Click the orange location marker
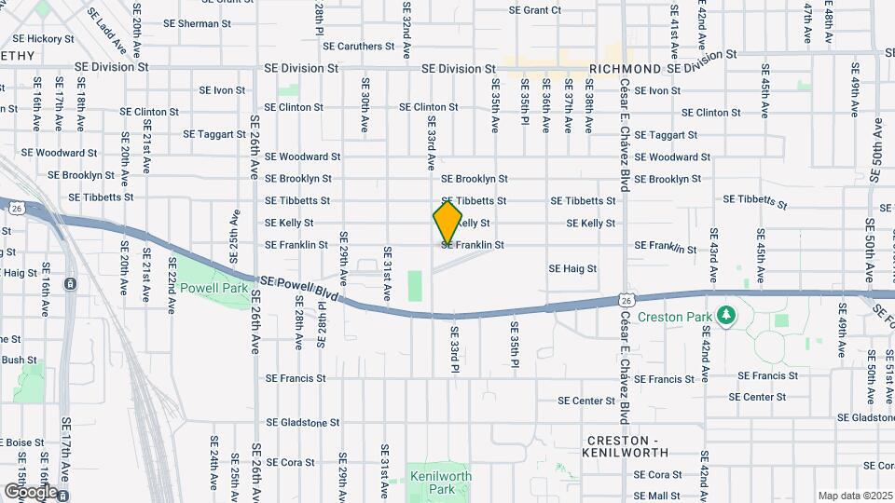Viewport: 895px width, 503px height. coord(447,223)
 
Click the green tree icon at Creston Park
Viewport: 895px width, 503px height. coord(725,318)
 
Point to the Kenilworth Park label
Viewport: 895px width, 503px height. coord(441,483)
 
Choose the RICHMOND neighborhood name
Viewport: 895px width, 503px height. coord(624,69)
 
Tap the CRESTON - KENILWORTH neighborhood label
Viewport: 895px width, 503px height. coord(625,445)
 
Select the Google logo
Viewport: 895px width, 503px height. coord(30,491)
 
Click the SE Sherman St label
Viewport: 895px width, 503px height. coord(186,22)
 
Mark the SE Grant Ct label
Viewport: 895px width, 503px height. coord(535,10)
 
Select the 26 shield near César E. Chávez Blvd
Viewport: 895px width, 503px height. coord(628,300)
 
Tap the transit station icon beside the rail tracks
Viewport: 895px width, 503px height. coord(70,285)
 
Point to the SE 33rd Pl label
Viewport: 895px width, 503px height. coord(456,349)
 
